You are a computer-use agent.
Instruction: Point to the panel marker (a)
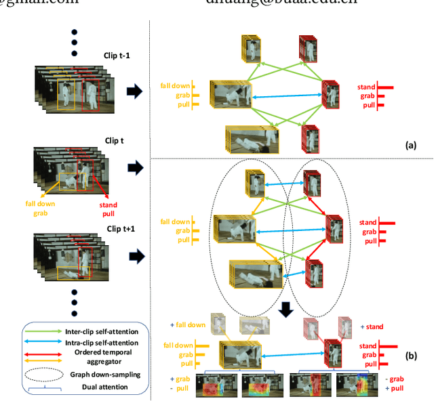pyautogui.click(x=410, y=145)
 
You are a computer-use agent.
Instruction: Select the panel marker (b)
pyautogui.click(x=410, y=355)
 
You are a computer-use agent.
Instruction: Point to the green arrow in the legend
pyautogui.click(x=43, y=331)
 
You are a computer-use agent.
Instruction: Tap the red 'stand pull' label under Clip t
pyautogui.click(x=108, y=209)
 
